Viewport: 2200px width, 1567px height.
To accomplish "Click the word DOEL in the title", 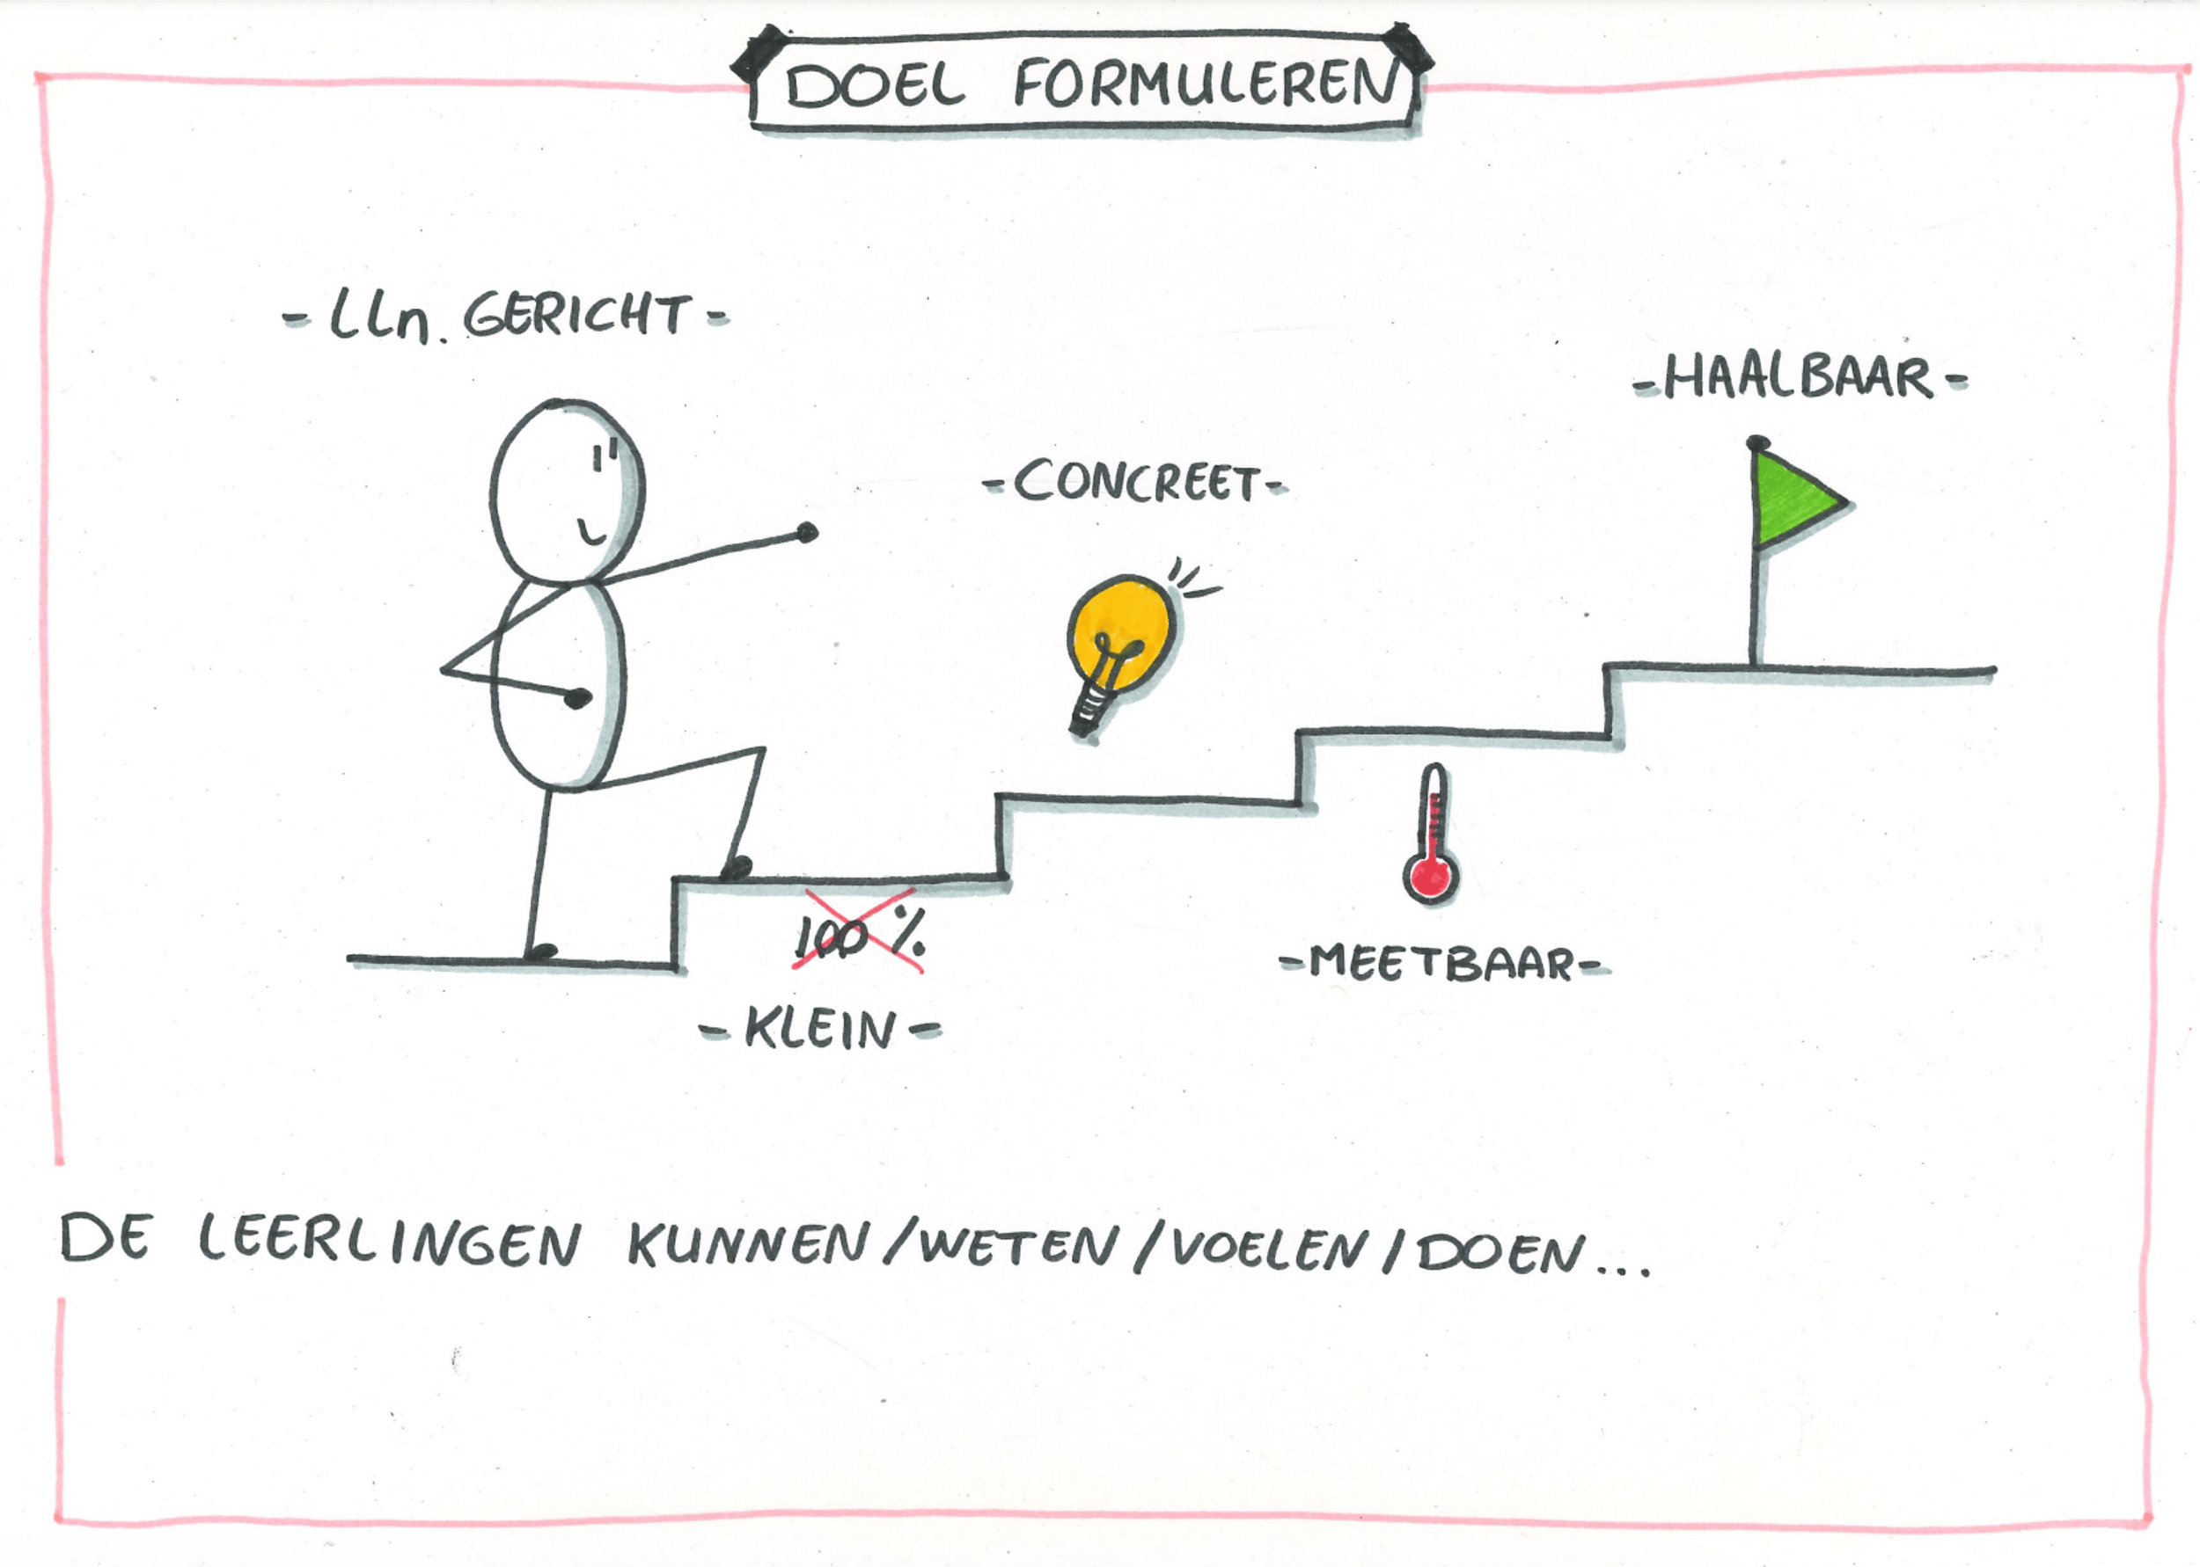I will [875, 87].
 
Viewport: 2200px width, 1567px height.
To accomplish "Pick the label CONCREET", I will [1136, 482].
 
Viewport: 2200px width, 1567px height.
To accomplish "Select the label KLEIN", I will [820, 1030].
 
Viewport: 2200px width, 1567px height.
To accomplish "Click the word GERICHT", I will [577, 316].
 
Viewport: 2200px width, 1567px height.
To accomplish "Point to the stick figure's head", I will [567, 492].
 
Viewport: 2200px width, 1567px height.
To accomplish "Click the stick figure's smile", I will [593, 533].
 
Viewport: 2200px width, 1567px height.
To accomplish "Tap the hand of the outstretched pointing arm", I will [807, 532].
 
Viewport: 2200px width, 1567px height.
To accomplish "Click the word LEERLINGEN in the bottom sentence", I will [390, 1242].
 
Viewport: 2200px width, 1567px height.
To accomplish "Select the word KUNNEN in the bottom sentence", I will [749, 1245].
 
